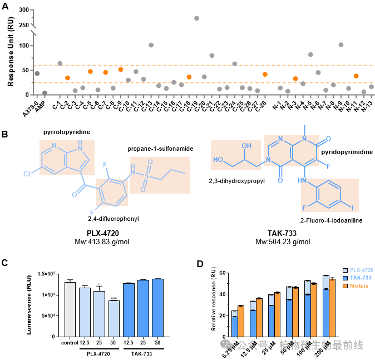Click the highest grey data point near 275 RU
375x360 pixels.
(x=196, y=18)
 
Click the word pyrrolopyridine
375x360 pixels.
(x=67, y=132)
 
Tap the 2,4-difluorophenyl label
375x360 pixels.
(x=114, y=219)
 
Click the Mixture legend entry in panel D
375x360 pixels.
(x=357, y=286)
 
